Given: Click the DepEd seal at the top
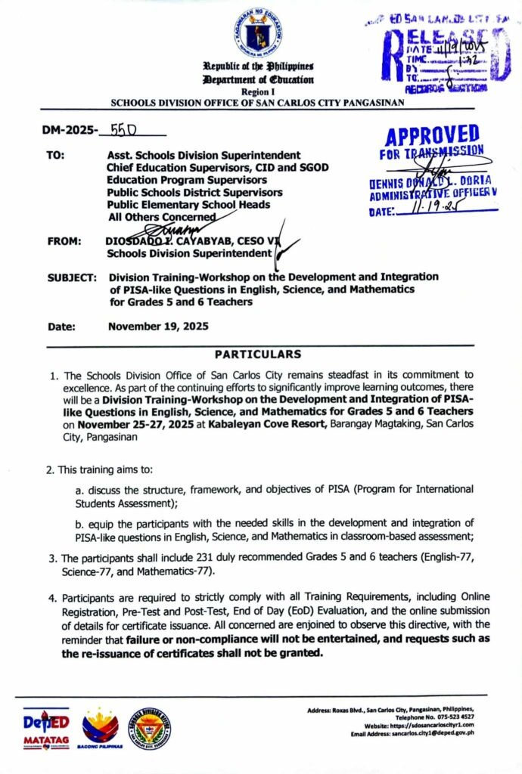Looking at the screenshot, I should pyautogui.click(x=259, y=33).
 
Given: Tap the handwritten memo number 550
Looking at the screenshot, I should pyautogui.click(x=123, y=129).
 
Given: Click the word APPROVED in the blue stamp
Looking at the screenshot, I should pyautogui.click(x=432, y=137).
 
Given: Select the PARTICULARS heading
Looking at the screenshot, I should pyautogui.click(x=257, y=354).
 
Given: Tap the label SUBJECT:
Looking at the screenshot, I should pyautogui.click(x=71, y=277).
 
